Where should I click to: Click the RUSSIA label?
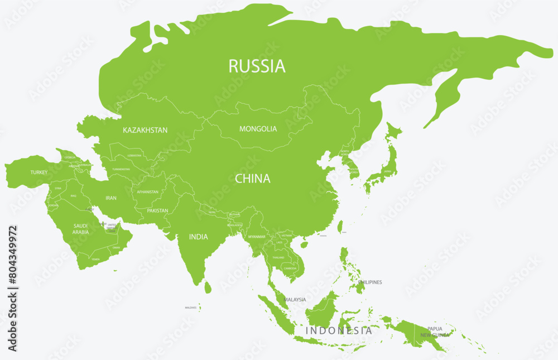[257, 66]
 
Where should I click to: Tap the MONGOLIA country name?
[258, 129]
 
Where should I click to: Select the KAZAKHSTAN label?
[145, 130]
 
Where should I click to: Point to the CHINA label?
[252, 179]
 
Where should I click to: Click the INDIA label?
[198, 237]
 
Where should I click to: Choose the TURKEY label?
[39, 172]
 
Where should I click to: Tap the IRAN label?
[111, 198]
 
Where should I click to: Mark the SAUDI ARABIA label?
[81, 229]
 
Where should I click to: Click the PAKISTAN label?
[158, 211]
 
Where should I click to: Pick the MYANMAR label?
[256, 237]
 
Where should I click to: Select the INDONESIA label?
[339, 330]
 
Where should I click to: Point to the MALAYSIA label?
[295, 300]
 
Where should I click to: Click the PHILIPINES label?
[370, 282]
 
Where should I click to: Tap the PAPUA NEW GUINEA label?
[435, 332]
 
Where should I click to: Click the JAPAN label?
[387, 172]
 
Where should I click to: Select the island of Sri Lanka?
[208, 287]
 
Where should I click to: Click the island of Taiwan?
[340, 225]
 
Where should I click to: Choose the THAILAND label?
[278, 257]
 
